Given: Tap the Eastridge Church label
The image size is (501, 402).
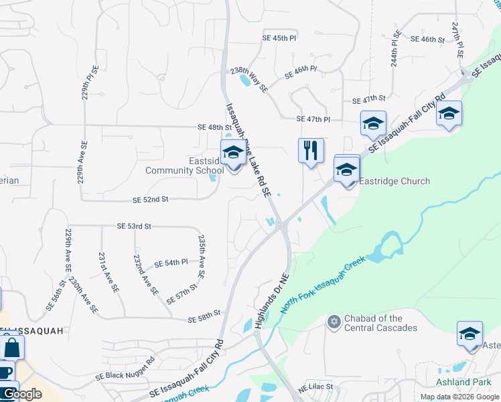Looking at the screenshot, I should (x=395, y=181).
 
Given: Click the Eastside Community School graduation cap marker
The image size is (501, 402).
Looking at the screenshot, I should (x=232, y=153).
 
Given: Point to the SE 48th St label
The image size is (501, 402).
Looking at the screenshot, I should (x=214, y=127).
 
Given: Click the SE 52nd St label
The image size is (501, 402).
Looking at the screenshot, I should (x=150, y=200).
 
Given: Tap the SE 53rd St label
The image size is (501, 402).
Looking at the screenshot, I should (x=134, y=226).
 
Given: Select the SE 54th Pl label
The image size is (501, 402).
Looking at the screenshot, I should (x=171, y=263).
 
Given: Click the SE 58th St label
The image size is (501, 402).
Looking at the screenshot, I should (x=204, y=313).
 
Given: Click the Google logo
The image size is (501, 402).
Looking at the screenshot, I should (x=21, y=394).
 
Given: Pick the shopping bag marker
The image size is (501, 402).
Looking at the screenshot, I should (x=11, y=347).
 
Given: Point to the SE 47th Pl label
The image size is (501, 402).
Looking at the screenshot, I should (x=313, y=119).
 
